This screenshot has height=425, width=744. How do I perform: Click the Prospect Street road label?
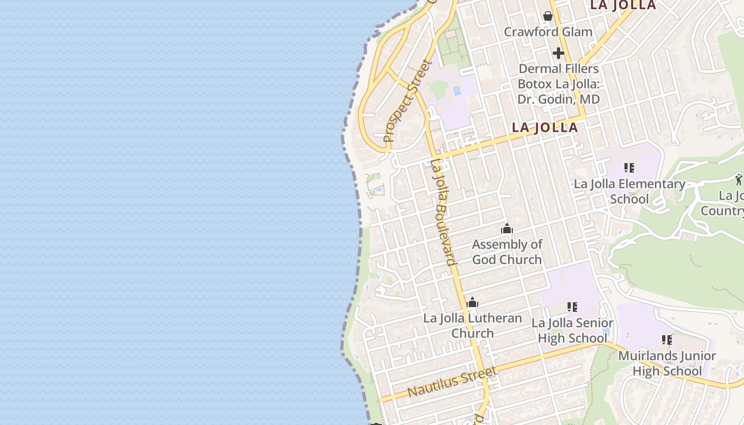point(409,101)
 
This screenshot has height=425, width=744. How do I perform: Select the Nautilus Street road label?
point(452,381)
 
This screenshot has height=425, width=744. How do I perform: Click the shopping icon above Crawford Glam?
point(547,16)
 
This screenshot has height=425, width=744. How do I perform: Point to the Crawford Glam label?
point(548,32)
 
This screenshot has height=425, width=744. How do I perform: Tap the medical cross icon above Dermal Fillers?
point(558,53)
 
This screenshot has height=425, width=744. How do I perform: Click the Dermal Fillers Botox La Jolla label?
point(559,84)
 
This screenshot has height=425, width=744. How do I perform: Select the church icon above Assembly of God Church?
point(507,229)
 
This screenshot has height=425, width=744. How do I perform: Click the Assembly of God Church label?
point(507,252)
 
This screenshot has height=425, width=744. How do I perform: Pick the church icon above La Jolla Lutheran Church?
point(472,303)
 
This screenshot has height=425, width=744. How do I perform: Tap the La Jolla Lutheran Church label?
point(472,326)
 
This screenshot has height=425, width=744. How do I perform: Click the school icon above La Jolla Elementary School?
point(629,168)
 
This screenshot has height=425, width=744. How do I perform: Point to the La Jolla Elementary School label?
point(629,191)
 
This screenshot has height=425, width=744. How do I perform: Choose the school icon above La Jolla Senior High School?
point(572,307)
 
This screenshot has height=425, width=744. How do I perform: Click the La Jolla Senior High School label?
point(572,330)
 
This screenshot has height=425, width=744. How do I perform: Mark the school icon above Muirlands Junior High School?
point(667,339)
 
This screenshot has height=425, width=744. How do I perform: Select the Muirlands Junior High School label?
point(667,363)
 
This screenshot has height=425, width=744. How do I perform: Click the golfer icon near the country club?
point(739,179)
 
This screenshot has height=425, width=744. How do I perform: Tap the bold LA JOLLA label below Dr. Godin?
point(545,127)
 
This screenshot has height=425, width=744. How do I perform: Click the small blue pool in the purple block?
point(456,91)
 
